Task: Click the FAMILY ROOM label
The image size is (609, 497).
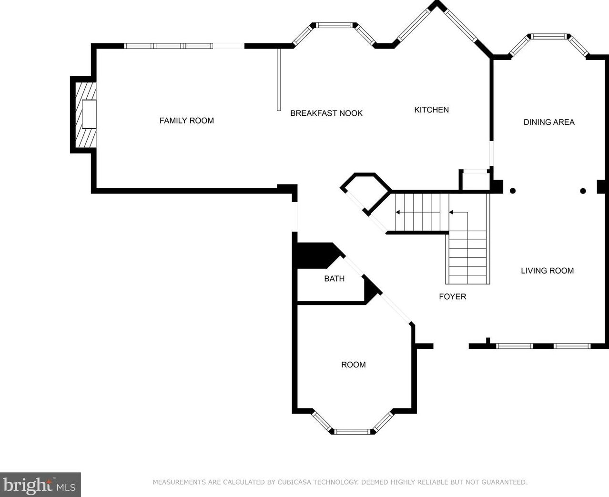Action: (x=186, y=121)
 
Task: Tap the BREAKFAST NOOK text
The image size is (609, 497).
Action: (x=326, y=113)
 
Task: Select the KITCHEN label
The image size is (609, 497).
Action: (x=431, y=110)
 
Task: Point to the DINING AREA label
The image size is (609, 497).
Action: (x=549, y=122)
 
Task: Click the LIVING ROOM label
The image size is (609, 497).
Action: (x=547, y=271)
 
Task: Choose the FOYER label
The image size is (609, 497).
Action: (x=452, y=296)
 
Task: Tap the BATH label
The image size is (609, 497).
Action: (x=334, y=278)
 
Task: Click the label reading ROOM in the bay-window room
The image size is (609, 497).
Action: (x=353, y=365)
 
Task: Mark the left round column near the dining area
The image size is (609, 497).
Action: (x=513, y=191)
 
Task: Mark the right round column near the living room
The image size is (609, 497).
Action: (x=583, y=191)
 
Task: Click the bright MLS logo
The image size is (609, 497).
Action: (x=40, y=485)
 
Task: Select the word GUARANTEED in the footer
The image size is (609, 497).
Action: (x=503, y=482)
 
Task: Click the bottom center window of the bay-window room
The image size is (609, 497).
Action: (x=352, y=432)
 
